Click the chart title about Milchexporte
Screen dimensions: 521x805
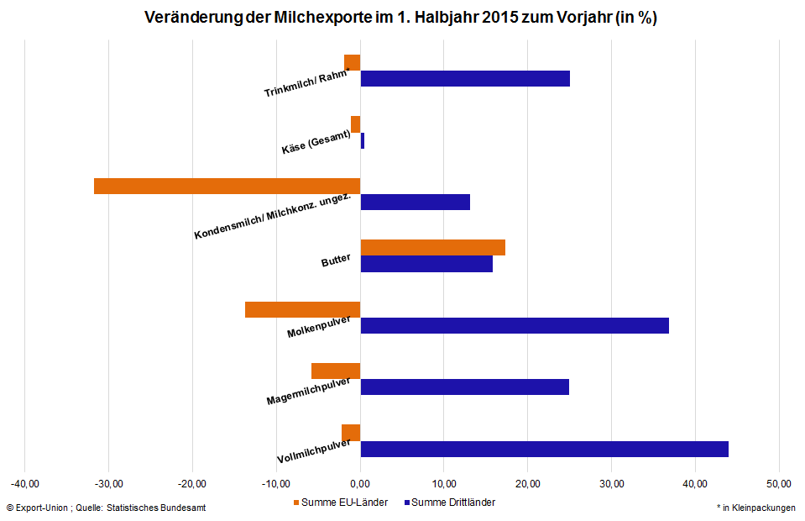(400, 18)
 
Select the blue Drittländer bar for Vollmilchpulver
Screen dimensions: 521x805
(544, 449)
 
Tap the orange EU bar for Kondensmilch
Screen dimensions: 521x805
(227, 186)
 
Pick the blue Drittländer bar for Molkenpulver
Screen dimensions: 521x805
(515, 325)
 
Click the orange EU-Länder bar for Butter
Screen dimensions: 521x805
(432, 247)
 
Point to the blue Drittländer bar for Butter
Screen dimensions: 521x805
(426, 263)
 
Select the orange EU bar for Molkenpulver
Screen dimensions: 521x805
(302, 309)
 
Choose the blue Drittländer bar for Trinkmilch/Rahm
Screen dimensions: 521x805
(465, 78)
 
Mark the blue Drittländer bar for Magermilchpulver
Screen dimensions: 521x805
(464, 387)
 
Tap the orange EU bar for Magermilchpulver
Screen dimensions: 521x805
(336, 371)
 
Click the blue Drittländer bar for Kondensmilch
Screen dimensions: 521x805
(415, 202)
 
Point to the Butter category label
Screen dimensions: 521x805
(336, 261)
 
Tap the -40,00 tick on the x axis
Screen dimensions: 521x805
(25, 483)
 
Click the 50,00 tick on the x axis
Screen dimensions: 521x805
(779, 483)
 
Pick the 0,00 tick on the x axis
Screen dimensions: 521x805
(360, 483)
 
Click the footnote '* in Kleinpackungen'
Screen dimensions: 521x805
(755, 508)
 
